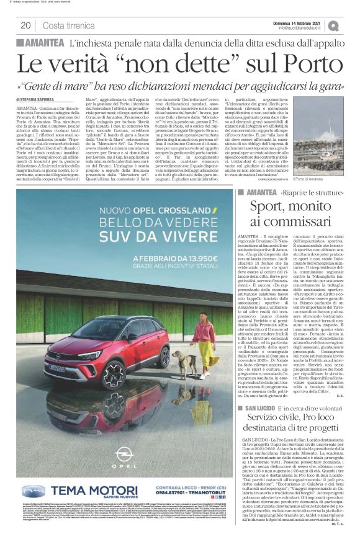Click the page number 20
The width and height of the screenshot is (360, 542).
coord(25,25)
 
